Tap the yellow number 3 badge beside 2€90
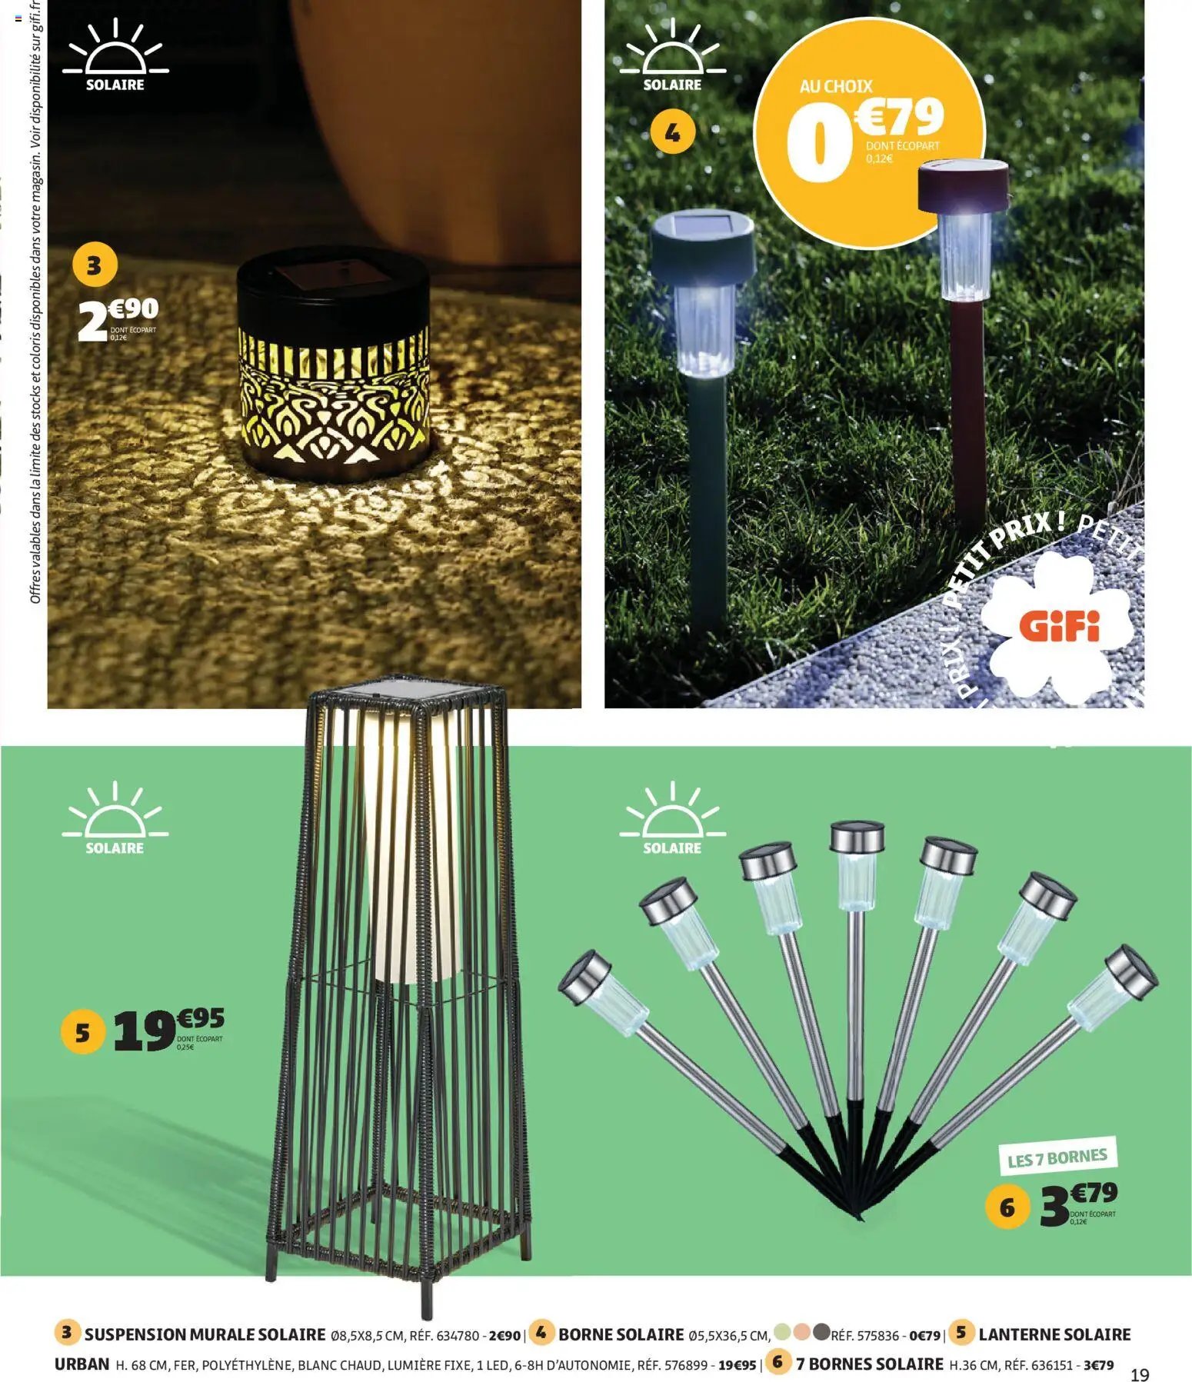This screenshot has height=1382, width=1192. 94,266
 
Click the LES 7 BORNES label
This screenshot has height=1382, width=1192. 1057,1158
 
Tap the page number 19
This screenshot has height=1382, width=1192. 1140,1374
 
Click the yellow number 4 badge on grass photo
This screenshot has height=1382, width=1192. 673,134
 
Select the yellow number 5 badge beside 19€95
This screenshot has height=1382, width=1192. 82,1032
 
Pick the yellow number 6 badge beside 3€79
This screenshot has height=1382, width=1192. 1007,1207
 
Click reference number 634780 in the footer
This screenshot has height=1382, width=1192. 460,1336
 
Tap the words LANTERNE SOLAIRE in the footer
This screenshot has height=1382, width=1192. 1054,1334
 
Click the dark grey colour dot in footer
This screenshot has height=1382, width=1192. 821,1331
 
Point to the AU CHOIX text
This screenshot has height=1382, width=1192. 836,87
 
